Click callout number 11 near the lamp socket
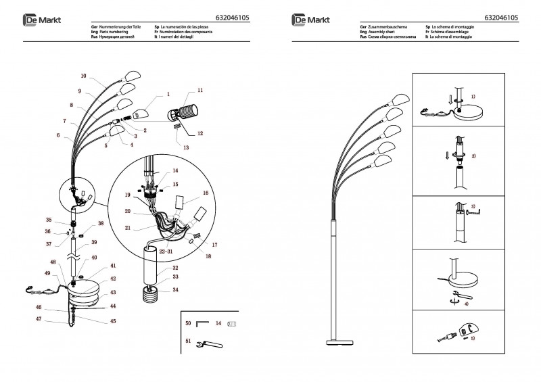point(200,90)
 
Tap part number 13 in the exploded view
point(187,147)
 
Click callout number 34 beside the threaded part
point(175,289)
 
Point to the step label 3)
point(473,206)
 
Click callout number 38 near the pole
point(101,223)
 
